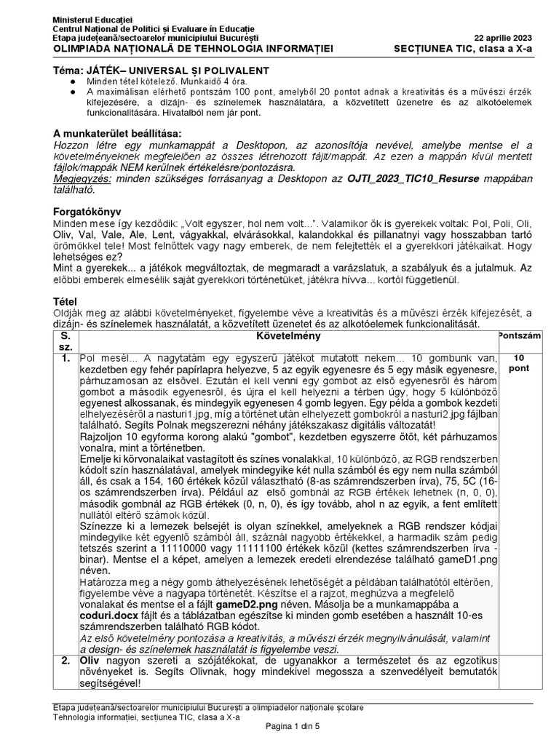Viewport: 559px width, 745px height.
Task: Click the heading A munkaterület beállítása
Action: click(x=116, y=133)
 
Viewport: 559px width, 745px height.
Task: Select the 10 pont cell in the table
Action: click(x=519, y=363)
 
